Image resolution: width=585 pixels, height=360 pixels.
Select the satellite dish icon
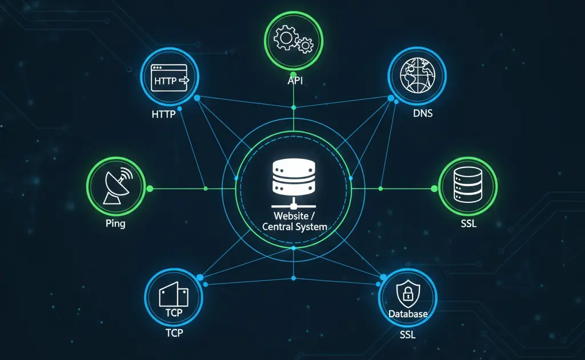[116, 186]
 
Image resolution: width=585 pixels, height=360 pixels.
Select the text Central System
[294, 226]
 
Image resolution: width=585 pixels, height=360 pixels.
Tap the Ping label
[115, 223]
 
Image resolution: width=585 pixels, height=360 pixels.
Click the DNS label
[423, 113]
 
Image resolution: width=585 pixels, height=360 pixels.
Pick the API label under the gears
[295, 81]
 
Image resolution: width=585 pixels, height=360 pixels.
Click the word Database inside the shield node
[408, 314]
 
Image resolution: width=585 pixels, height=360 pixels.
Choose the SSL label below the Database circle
[407, 334]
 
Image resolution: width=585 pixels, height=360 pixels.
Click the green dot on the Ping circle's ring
[150, 188]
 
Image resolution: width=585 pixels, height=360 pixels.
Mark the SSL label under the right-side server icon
[468, 223]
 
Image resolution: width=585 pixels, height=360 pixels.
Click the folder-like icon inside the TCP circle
[174, 295]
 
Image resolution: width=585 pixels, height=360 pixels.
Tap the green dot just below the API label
[294, 107]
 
